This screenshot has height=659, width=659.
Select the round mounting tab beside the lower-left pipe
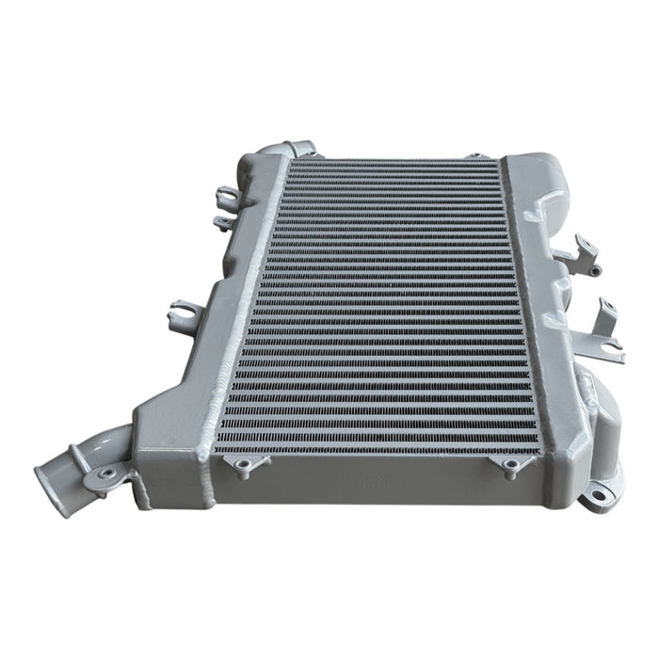coord(105,473)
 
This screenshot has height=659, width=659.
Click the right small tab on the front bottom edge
coord(509,465)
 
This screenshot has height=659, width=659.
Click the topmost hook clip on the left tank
coord(226,198)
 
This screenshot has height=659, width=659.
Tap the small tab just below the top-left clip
coord(222,223)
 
